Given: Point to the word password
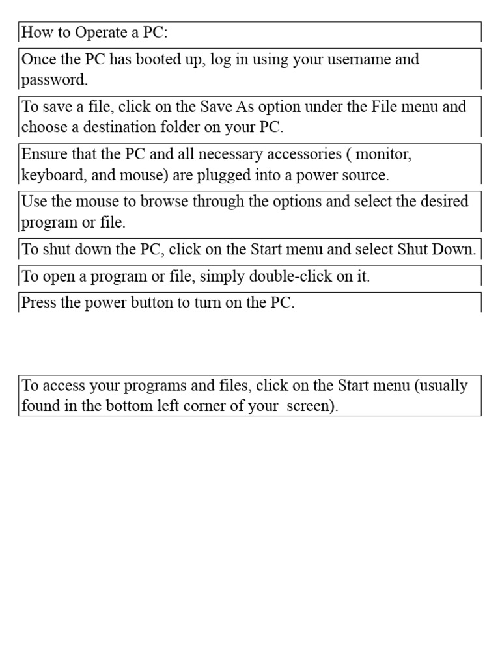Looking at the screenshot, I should click(x=53, y=80).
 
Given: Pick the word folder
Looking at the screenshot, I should click(x=176, y=127).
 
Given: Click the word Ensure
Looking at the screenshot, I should click(x=44, y=154).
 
